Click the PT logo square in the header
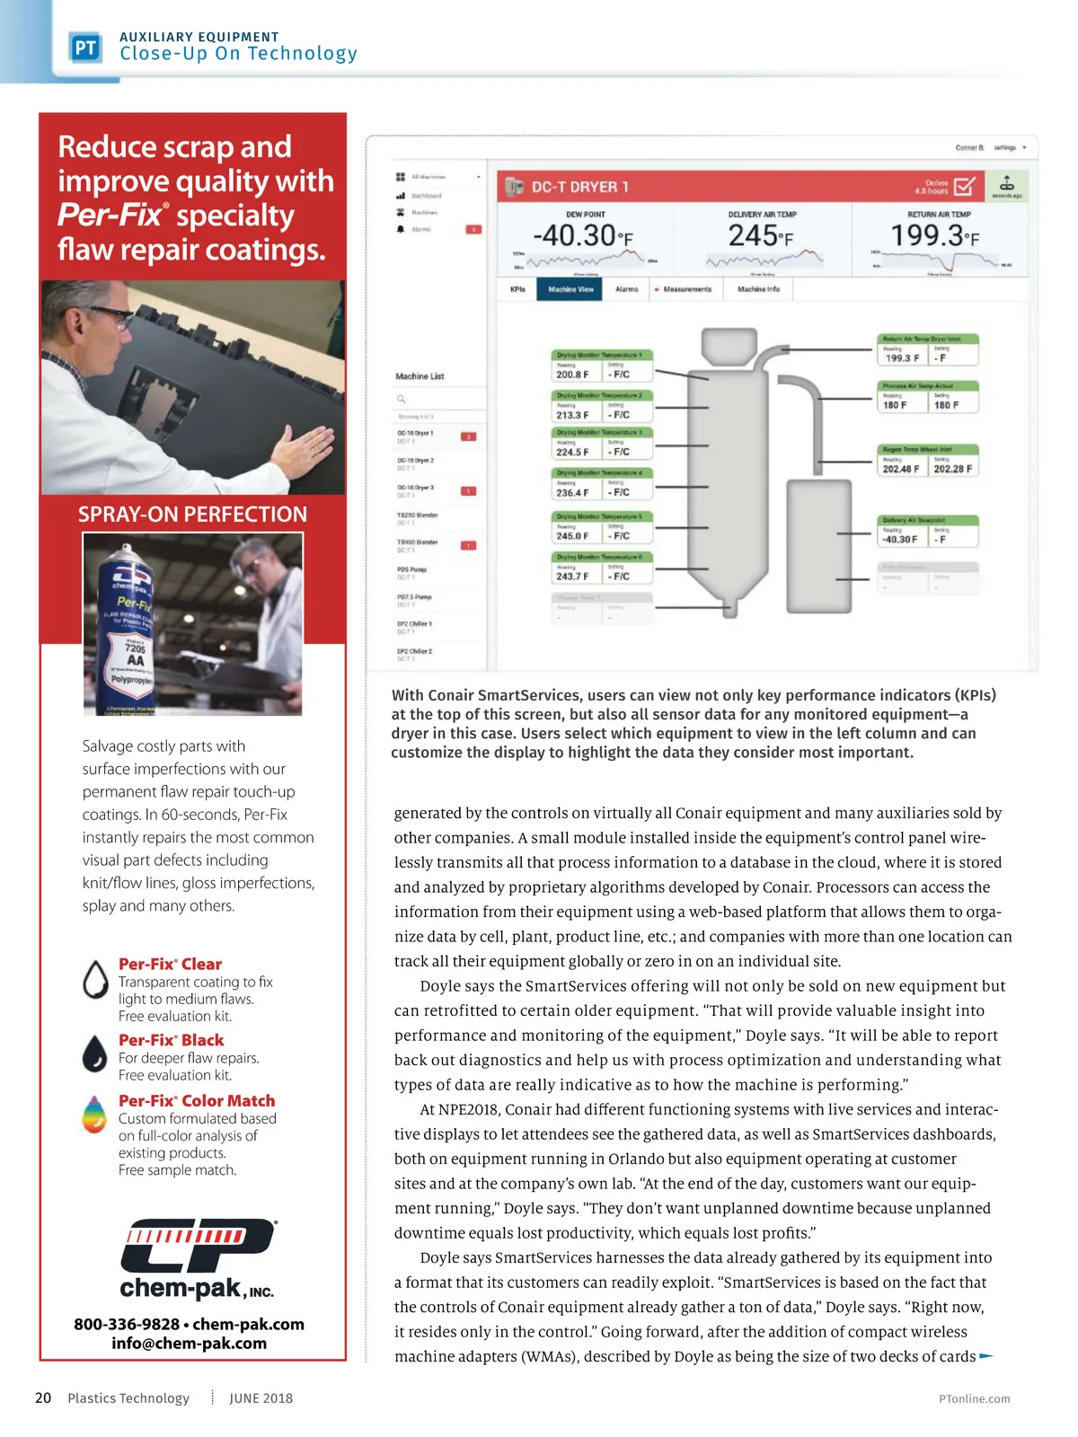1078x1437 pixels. tap(85, 47)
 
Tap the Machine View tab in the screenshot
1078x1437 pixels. tap(570, 289)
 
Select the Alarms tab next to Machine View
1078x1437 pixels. tap(626, 289)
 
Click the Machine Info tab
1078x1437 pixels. tap(758, 289)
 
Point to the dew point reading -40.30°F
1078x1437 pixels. tap(582, 236)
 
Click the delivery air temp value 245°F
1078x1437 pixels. tap(760, 236)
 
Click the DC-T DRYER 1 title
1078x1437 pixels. tap(579, 187)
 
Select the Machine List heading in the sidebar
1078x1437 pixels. tap(420, 376)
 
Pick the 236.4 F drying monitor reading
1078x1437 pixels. tap(572, 493)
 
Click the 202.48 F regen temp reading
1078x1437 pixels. tap(901, 469)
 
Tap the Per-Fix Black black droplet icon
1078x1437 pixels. tap(95, 1054)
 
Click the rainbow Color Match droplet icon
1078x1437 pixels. tap(94, 1115)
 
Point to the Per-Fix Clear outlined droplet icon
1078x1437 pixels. tap(95, 979)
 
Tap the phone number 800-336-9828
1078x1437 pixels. tap(126, 1324)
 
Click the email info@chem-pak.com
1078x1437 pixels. tap(189, 1344)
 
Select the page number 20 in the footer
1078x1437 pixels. tap(43, 1397)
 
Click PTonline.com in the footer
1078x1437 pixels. tap(974, 1398)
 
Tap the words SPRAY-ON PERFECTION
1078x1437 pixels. tap(192, 514)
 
